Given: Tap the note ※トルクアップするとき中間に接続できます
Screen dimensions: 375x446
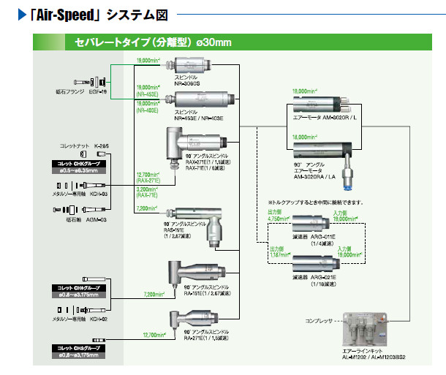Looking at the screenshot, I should [319, 202].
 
